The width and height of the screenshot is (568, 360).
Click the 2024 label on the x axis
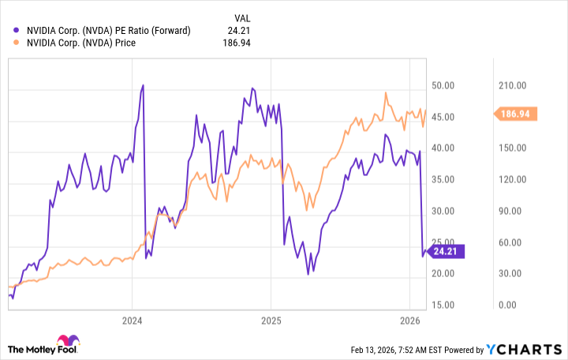point(132,321)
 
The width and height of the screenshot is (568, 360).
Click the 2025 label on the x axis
point(271,321)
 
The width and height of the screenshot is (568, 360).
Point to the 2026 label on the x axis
point(409,321)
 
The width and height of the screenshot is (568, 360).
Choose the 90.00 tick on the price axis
point(517,211)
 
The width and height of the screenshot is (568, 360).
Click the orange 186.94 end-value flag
point(518,114)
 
